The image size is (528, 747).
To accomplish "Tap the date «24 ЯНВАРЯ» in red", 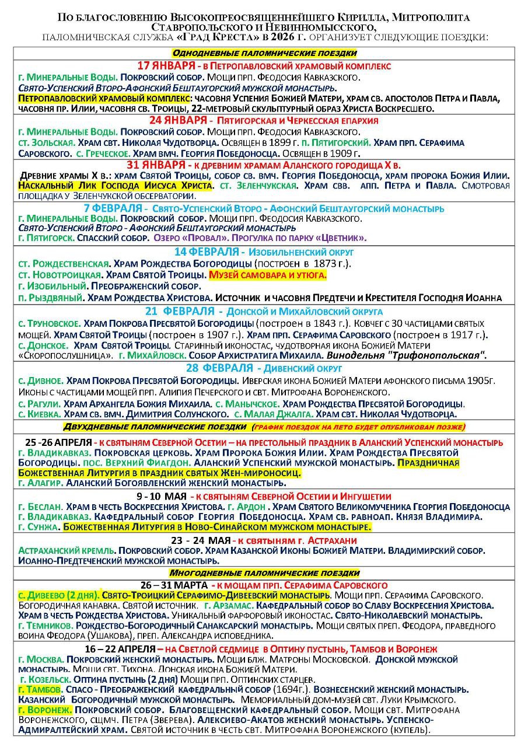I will (x=177, y=120).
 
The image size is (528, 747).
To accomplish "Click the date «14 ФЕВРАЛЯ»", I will (x=207, y=252).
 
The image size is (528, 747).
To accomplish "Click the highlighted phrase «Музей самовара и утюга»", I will (x=268, y=275).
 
